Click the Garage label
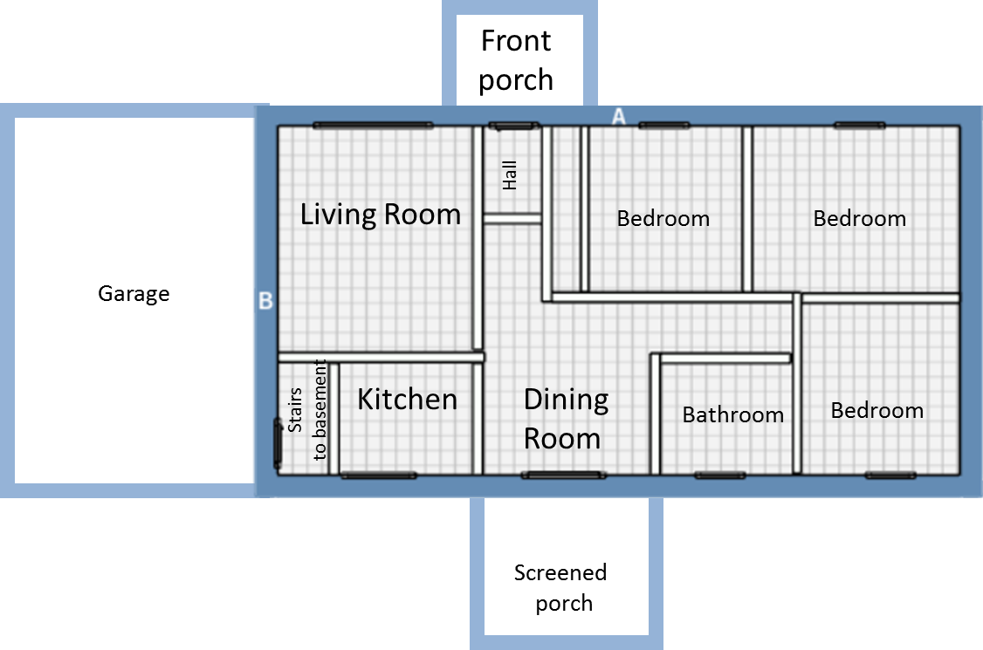click(x=134, y=294)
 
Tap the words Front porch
click(x=516, y=61)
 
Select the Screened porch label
click(x=561, y=587)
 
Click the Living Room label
click(x=381, y=215)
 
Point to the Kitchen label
click(x=408, y=400)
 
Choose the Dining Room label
click(x=566, y=419)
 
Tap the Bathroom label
click(x=732, y=415)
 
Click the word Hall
click(x=510, y=175)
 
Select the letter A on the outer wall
click(x=619, y=116)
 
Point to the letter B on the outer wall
click(x=265, y=302)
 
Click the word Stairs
click(x=295, y=410)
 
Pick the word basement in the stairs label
click(x=320, y=391)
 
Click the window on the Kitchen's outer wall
click(x=379, y=476)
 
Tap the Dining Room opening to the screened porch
click(x=564, y=476)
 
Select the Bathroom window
click(x=720, y=476)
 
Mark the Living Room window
click(x=374, y=126)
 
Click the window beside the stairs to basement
click(x=277, y=444)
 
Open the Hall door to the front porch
click(x=514, y=126)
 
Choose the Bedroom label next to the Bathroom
click(x=877, y=411)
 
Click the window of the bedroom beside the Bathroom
click(x=890, y=476)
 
